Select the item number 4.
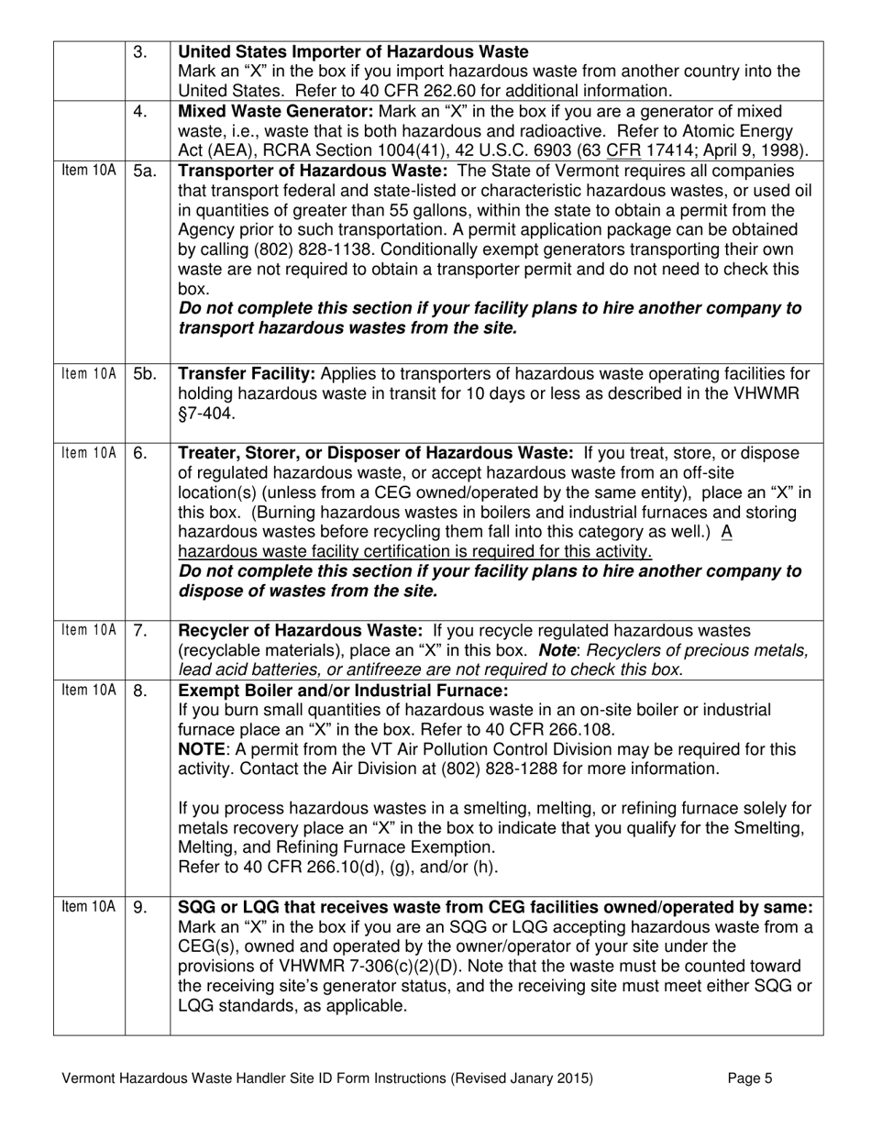(x=139, y=112)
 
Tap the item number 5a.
(x=144, y=172)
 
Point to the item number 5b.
(x=145, y=373)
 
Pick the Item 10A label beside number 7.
(x=88, y=632)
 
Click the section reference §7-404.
(x=206, y=414)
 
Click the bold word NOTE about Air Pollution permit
(x=200, y=749)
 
